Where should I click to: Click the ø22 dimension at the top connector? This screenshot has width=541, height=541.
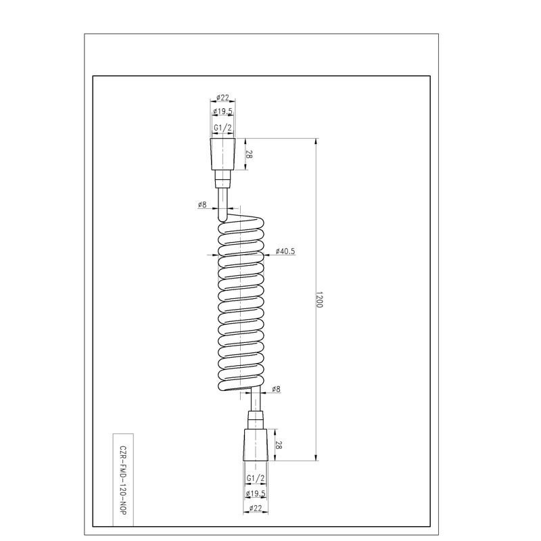(223, 97)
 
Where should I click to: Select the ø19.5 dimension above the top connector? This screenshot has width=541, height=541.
(223, 112)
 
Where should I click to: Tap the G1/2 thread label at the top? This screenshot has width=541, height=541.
(223, 128)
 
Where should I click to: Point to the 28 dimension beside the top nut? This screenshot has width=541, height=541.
(249, 154)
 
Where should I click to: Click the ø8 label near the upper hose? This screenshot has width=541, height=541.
(202, 205)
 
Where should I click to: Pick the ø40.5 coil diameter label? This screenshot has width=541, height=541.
(285, 251)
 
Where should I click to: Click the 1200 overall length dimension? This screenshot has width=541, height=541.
(319, 300)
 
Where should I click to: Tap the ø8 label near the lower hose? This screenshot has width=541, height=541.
(276, 390)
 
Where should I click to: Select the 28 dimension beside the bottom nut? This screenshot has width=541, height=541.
(279, 445)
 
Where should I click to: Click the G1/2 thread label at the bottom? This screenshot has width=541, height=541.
(256, 478)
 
